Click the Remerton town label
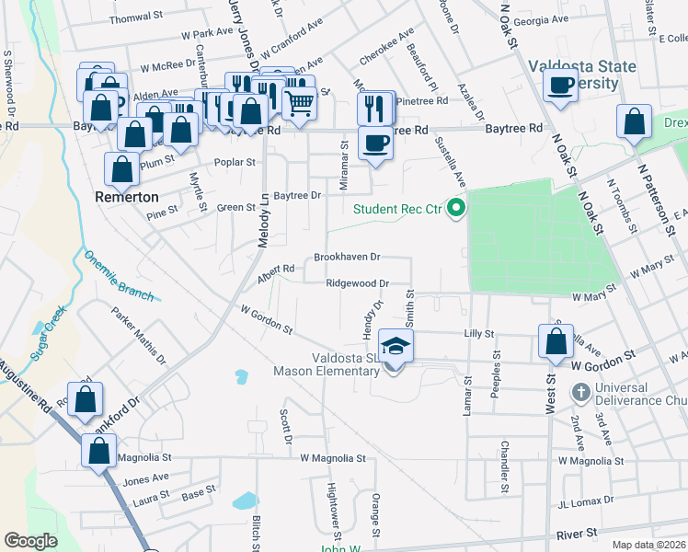click(x=127, y=197)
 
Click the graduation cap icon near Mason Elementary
click(x=396, y=346)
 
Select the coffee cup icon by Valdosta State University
click(x=559, y=86)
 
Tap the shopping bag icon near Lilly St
click(x=556, y=341)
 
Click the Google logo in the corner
click(x=30, y=541)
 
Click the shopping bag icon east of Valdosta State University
click(x=634, y=122)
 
